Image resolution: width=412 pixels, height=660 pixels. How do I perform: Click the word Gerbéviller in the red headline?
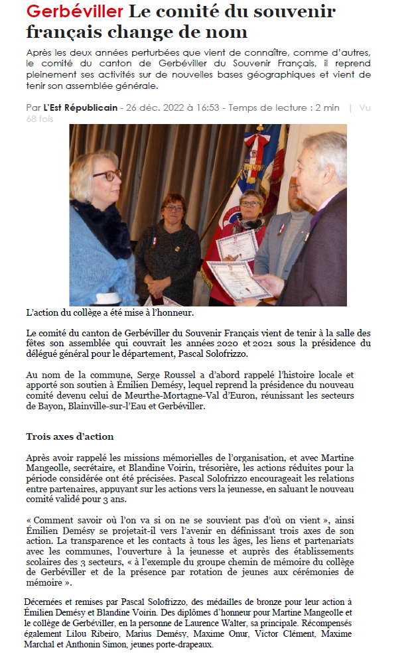click(75, 11)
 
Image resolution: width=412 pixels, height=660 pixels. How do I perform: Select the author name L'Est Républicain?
click(80, 107)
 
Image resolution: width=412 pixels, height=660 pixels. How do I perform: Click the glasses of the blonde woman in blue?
click(106, 176)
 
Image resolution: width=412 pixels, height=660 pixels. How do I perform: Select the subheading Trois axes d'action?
click(70, 436)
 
